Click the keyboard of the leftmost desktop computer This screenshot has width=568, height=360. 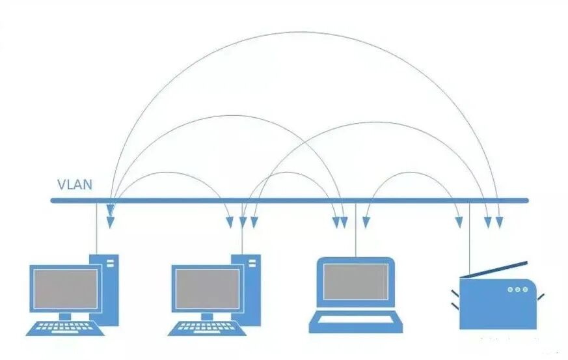pos(65,327)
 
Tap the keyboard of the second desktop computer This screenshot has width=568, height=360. pos(208,327)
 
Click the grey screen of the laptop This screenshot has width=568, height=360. pos(356,282)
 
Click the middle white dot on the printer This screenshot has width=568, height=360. pos(518,289)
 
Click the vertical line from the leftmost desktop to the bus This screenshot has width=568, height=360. pos(97,228)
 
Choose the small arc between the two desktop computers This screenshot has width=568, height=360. pos(170,173)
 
